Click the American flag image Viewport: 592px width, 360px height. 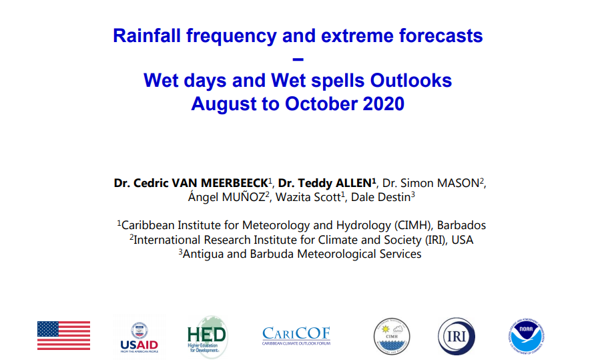(x=63, y=335)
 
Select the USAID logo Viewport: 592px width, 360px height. (x=139, y=337)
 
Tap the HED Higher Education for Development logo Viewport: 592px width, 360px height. (x=208, y=336)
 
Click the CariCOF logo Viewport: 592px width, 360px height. (x=296, y=336)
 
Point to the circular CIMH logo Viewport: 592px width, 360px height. (x=392, y=336)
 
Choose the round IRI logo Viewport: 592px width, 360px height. (x=457, y=336)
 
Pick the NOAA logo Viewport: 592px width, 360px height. (x=527, y=336)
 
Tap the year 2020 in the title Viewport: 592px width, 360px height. (x=384, y=104)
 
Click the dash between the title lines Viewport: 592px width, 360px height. (x=298, y=59)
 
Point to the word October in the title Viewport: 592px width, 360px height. (x=321, y=104)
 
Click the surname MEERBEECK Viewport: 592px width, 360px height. (x=234, y=183)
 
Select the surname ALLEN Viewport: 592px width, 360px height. (x=353, y=183)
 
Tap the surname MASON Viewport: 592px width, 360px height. (x=458, y=183)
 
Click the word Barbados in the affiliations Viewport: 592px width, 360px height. (x=461, y=226)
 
